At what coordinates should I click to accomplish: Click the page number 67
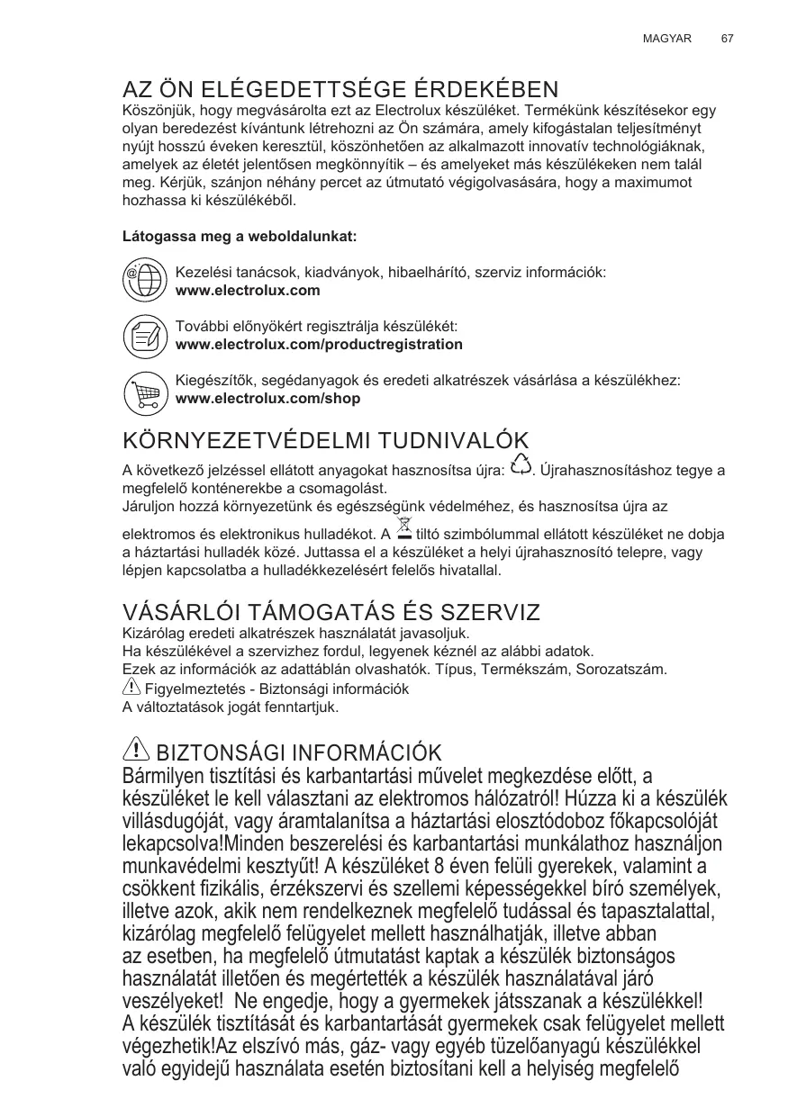(727, 40)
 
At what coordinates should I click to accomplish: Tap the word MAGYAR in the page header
(666, 40)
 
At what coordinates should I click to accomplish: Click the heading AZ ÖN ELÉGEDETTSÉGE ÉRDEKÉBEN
(340, 90)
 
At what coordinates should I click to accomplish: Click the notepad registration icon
(143, 336)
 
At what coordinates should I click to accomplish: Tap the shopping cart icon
(143, 390)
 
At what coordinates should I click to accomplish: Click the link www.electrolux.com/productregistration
(319, 345)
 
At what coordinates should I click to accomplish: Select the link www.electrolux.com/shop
(267, 399)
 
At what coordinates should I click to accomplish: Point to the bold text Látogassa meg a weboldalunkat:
(240, 238)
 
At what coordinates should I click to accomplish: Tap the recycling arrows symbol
(520, 465)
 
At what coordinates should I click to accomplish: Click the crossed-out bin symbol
(403, 529)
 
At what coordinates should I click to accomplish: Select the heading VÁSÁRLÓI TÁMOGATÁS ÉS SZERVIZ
(331, 613)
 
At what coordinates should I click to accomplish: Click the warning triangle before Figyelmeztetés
(131, 687)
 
